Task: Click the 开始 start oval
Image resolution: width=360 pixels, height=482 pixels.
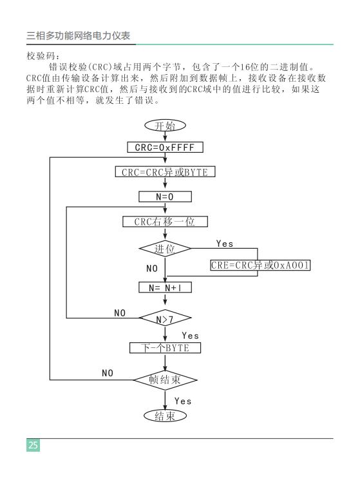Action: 166,126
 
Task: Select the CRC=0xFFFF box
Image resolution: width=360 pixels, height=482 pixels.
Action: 166,148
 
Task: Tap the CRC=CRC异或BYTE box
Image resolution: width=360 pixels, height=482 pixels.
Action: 166,172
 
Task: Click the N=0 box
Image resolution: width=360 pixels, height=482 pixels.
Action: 166,197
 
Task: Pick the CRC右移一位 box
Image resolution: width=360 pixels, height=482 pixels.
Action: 166,222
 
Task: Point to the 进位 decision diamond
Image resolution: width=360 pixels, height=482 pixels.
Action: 166,248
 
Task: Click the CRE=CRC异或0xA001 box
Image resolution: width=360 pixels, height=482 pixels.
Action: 260,265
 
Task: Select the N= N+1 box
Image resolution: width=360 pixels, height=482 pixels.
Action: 166,287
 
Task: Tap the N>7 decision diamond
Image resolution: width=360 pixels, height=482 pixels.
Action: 166,318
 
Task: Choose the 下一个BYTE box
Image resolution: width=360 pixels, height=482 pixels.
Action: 166,348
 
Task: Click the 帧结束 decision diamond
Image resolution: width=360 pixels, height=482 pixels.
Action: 166,380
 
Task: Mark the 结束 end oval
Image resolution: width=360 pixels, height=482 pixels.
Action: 166,416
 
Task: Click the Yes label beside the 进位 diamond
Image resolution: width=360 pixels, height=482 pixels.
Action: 225,244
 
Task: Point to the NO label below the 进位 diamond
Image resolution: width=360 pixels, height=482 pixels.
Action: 152,268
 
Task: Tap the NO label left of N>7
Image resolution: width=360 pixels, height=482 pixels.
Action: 120,313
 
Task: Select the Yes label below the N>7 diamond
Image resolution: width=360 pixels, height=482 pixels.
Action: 190,335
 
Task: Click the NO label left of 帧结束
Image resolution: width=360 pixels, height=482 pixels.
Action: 108,373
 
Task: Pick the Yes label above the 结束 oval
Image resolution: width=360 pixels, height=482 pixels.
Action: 183,401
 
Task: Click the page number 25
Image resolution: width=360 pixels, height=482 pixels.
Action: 33,445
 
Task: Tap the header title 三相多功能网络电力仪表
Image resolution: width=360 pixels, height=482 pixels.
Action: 79,35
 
